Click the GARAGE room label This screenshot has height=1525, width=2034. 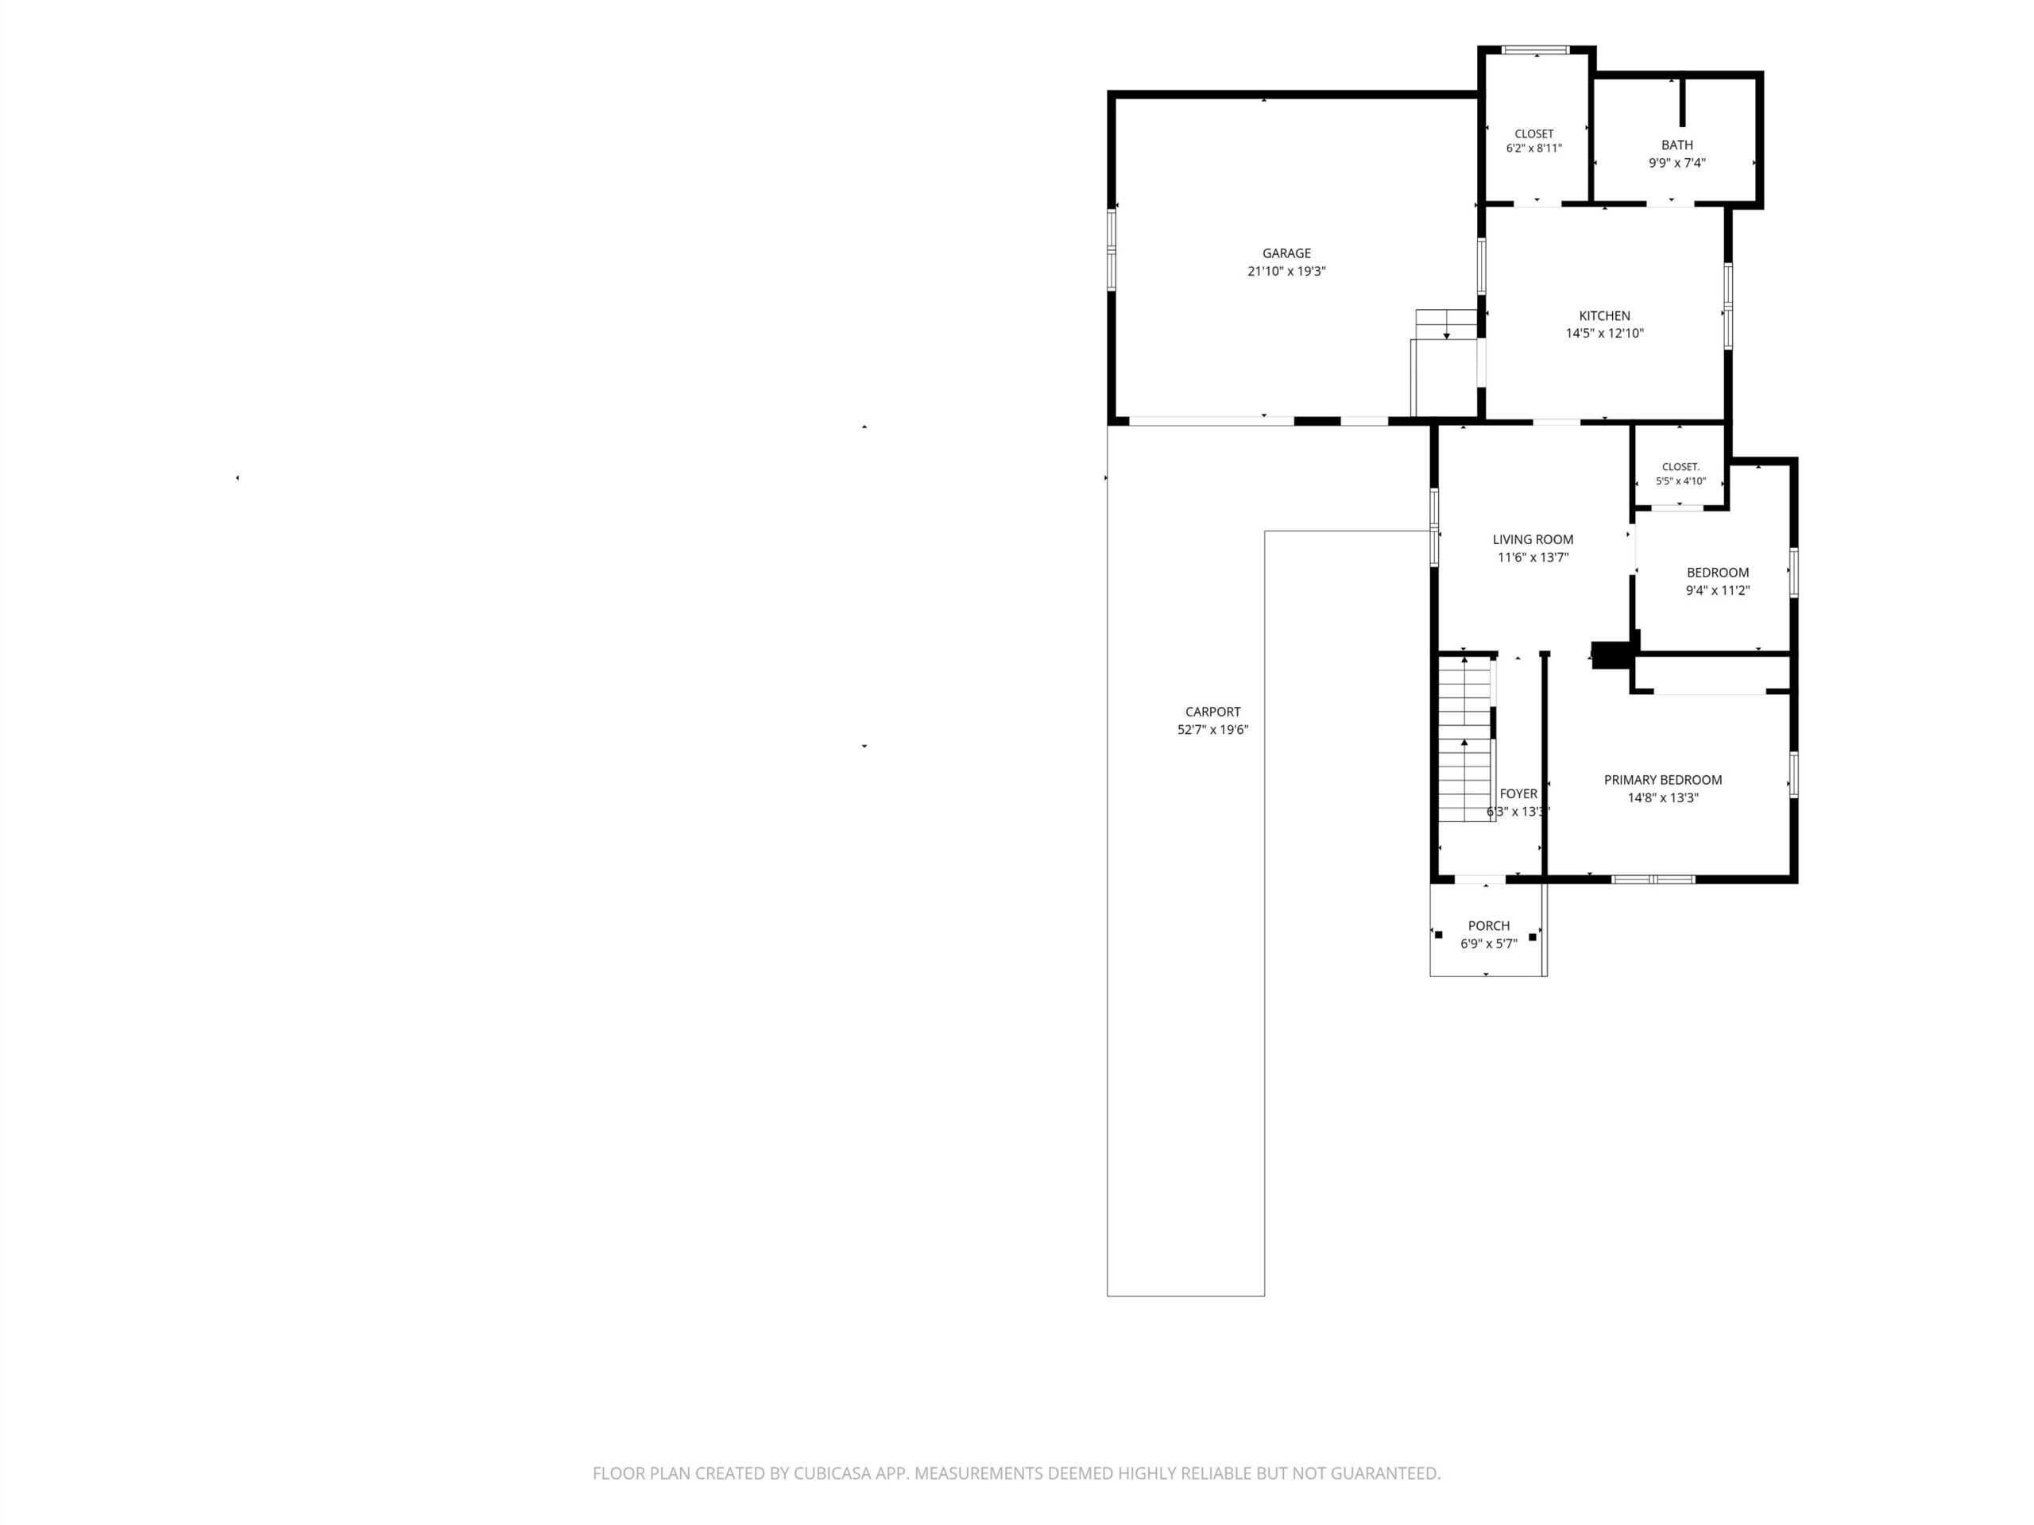point(1286,253)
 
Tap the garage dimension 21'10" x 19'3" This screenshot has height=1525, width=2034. point(1286,271)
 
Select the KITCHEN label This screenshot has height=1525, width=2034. point(1605,315)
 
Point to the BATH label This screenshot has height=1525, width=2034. point(1677,145)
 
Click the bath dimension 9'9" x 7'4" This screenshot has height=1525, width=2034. point(1677,163)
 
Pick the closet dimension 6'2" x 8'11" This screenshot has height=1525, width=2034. point(1533,148)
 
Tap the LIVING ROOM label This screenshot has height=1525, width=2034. point(1533,539)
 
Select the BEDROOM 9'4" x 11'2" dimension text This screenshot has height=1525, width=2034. point(1718,591)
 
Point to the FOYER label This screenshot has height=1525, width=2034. point(1518,793)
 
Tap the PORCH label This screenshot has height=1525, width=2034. point(1489,925)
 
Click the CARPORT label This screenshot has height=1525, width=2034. point(1213,712)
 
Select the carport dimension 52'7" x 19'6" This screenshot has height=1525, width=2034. point(1213,730)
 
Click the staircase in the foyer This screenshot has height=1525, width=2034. point(1466,740)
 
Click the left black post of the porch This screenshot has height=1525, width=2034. point(1439,935)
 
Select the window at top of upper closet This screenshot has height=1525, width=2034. point(1535,49)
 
